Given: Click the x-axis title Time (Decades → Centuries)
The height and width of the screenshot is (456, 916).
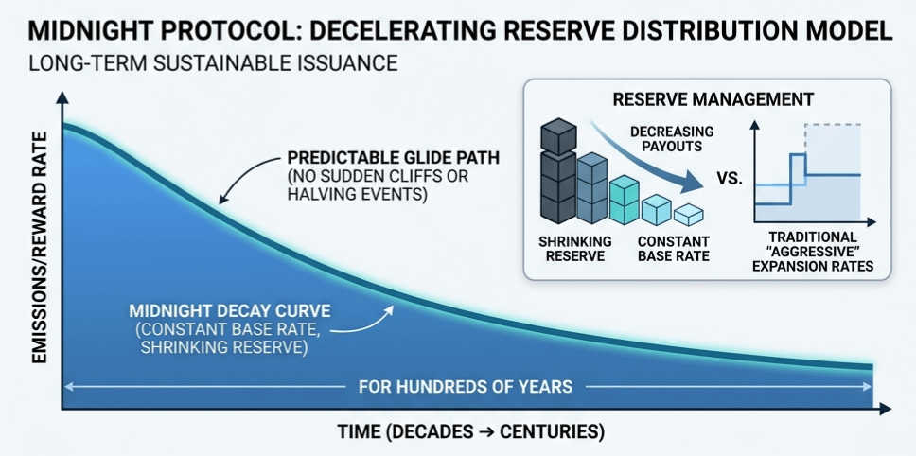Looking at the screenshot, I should tap(470, 432).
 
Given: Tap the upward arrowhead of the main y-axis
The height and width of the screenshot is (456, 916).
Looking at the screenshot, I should tap(62, 96).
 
